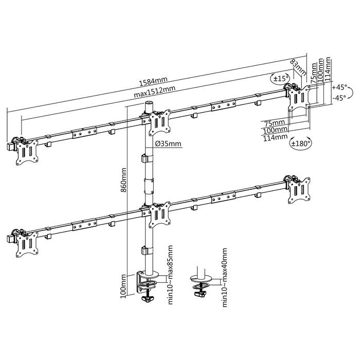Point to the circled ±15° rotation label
coord(280,79)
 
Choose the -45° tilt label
coord(338,98)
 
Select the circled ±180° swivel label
coord(300,143)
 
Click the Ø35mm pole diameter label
coord(168,143)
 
